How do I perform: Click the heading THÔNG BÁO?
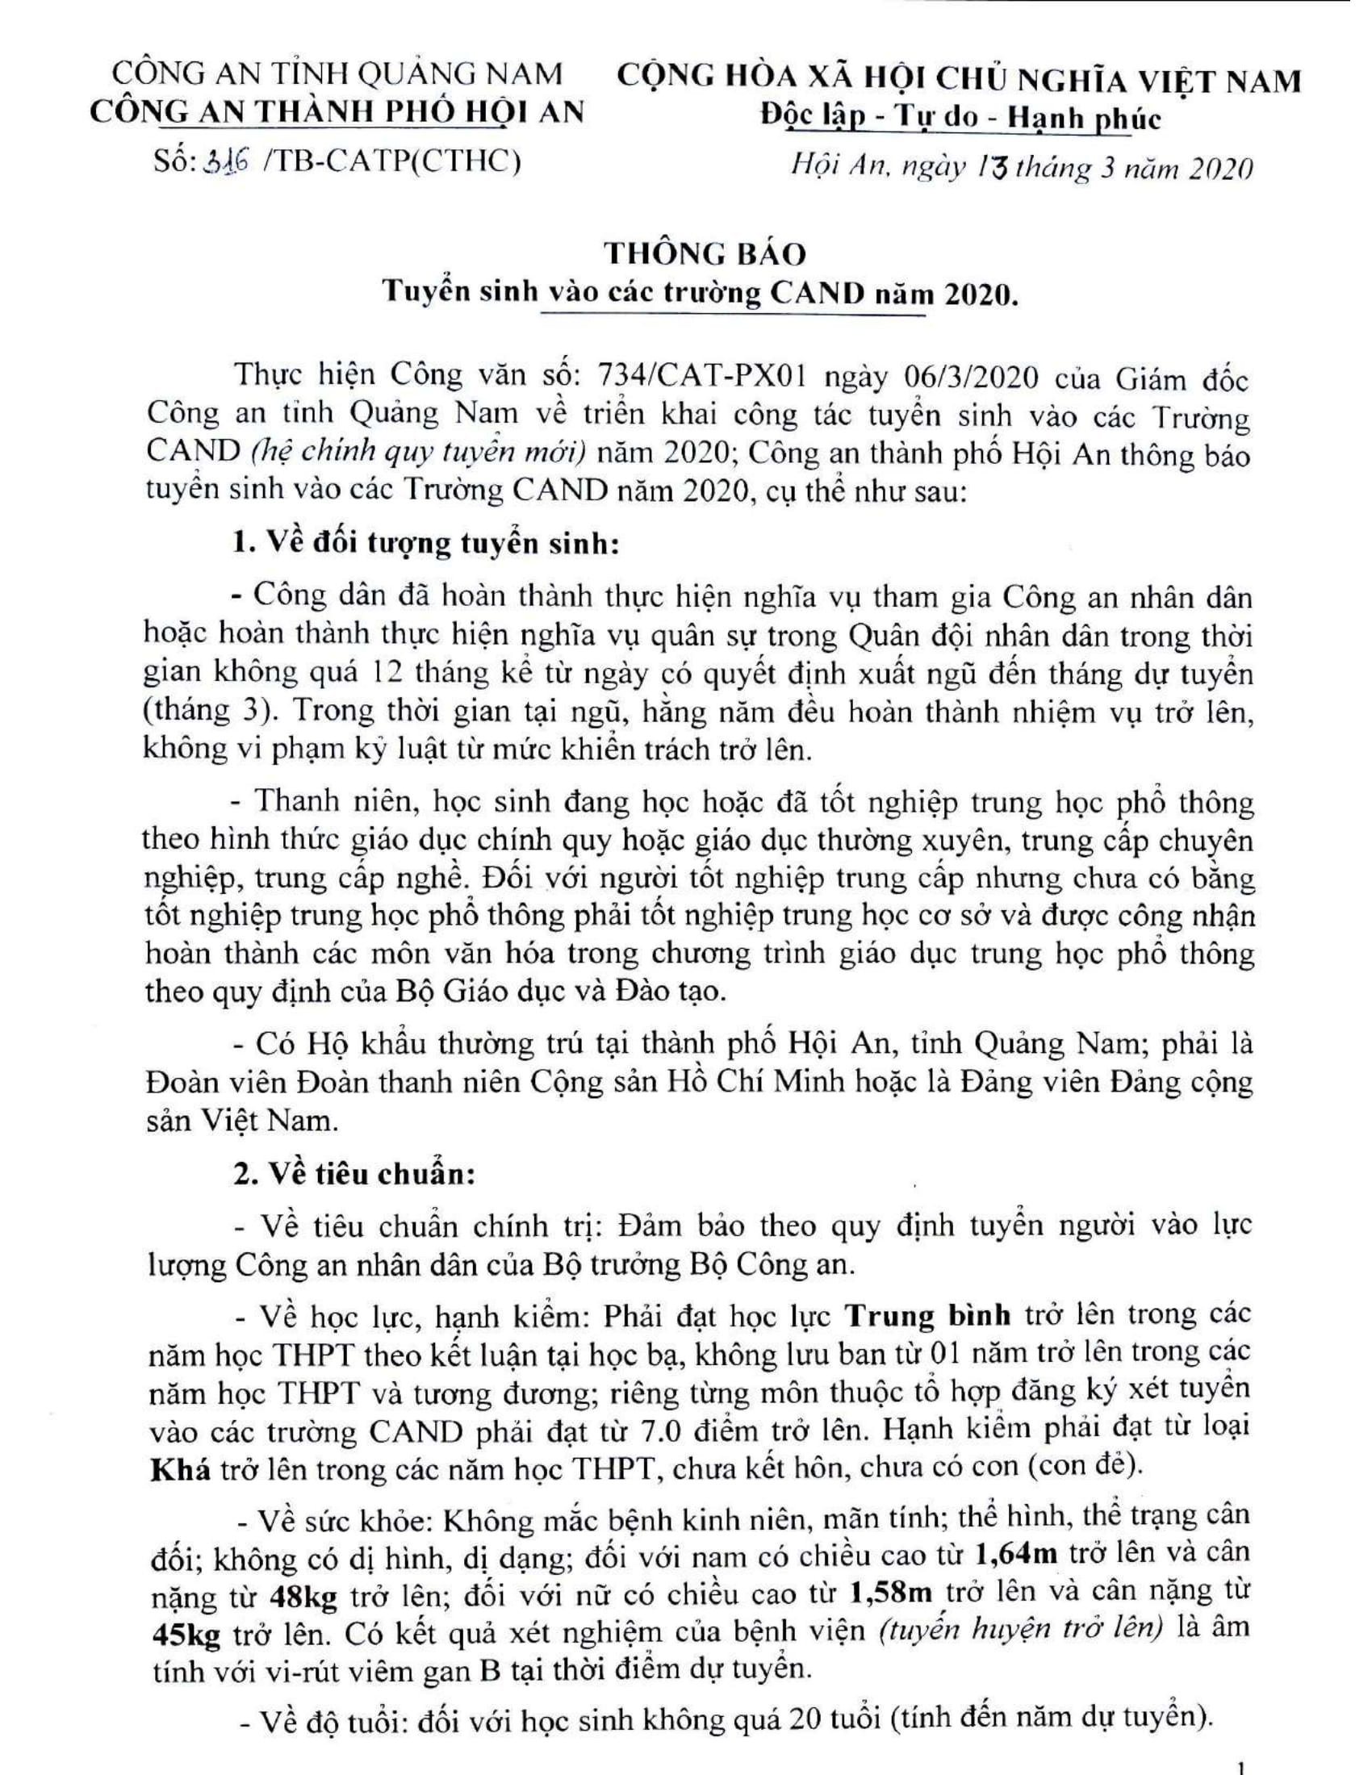click(705, 254)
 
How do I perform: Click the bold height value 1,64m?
click(1016, 1553)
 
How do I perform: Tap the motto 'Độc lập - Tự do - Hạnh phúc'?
click(960, 119)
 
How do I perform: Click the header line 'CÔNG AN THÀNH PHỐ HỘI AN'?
click(337, 111)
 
